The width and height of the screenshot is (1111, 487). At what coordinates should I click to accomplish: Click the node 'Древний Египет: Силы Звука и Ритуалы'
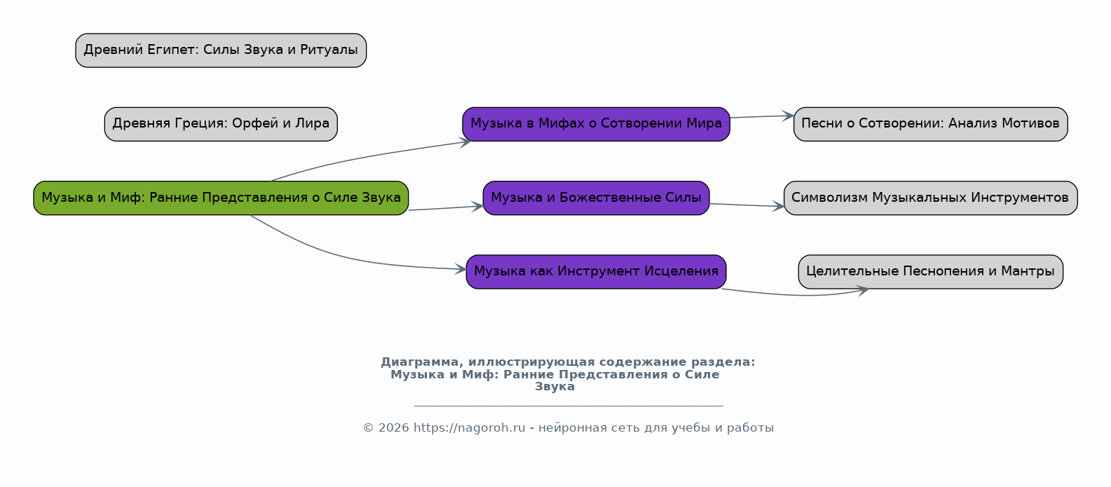[221, 50]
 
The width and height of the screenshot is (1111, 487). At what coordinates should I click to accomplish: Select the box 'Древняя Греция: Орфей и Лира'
[221, 124]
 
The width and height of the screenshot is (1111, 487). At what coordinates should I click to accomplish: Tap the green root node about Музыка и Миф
[221, 198]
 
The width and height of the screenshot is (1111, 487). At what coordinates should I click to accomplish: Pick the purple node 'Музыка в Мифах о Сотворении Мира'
[596, 124]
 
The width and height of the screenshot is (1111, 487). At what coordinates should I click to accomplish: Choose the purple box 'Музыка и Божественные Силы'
[596, 198]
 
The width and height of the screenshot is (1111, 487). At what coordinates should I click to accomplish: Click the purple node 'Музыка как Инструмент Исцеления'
[596, 272]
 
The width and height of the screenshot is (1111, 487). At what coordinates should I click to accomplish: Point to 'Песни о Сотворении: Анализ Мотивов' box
[930, 124]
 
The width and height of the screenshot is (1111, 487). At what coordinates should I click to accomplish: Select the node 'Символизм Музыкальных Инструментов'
[930, 198]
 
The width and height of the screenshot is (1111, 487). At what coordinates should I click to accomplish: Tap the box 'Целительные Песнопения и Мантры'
[930, 272]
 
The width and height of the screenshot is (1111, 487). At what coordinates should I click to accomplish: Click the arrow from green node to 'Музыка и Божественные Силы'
[445, 208]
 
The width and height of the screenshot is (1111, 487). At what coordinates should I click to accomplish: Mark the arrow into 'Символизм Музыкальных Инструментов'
[747, 205]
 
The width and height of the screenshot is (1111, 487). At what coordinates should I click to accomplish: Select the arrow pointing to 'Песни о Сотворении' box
[762, 116]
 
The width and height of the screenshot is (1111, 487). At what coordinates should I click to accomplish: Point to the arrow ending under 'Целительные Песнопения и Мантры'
[799, 295]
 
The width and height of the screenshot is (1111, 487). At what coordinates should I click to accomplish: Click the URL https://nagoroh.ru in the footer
[469, 428]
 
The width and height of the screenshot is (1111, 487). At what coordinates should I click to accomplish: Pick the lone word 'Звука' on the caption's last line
[554, 387]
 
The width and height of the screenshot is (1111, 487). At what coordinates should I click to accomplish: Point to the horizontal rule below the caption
[568, 406]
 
